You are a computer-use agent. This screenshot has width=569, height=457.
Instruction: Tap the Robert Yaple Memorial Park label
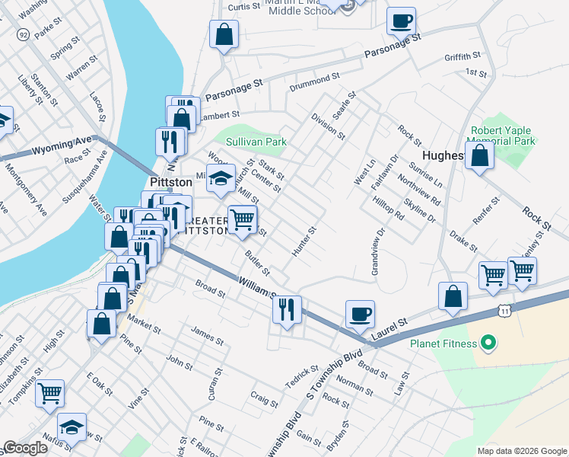click(503, 136)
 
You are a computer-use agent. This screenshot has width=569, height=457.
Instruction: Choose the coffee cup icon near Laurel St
click(360, 313)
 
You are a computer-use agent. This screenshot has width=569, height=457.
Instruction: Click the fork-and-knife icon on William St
click(287, 309)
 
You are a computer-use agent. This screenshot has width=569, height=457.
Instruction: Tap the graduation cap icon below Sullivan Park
click(221, 178)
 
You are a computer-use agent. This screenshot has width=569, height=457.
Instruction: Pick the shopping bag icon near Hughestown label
click(480, 155)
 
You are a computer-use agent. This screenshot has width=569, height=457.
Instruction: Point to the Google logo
click(24, 448)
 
